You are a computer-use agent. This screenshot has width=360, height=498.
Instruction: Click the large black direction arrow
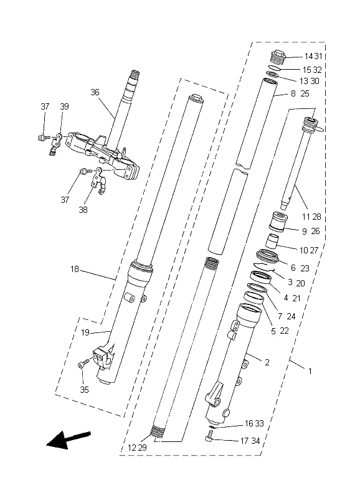point(69,439)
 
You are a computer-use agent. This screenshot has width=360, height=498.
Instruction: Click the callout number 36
point(95,92)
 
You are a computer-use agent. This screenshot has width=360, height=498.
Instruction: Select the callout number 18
point(74,270)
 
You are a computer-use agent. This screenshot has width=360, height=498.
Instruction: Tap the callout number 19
point(85,332)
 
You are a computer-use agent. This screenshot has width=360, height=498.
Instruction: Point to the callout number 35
point(84,390)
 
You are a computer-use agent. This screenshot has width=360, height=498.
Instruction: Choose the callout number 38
point(83,210)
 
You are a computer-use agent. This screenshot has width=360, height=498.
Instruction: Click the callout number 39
point(65,106)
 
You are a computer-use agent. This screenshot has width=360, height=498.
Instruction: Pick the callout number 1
point(310,370)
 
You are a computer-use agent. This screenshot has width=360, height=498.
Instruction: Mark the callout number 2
point(267,362)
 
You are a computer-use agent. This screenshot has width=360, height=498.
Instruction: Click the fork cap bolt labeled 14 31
point(278,57)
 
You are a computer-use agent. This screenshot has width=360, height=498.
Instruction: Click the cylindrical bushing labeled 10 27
point(272,242)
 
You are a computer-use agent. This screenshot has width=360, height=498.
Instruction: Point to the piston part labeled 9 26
point(278,222)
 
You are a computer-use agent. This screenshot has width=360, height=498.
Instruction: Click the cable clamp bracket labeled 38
point(99,182)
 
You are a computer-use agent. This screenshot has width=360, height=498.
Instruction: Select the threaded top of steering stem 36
point(135,76)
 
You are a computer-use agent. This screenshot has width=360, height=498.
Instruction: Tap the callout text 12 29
point(137,448)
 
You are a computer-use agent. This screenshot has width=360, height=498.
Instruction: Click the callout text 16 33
point(254,423)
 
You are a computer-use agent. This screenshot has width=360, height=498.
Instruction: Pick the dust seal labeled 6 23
point(268,256)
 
